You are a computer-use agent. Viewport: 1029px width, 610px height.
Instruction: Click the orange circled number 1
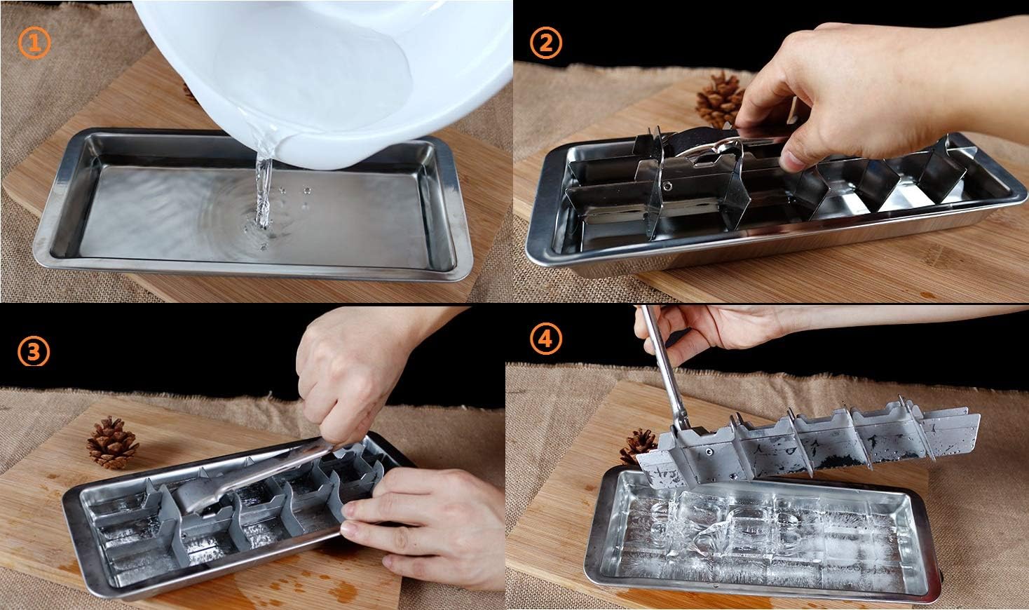tap(34, 43)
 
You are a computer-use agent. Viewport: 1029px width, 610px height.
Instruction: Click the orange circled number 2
tap(546, 43)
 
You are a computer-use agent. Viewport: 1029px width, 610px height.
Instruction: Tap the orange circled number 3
tap(34, 351)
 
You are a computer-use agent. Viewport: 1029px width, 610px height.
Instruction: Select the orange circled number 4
tap(546, 339)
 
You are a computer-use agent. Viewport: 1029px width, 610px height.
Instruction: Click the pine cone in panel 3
tap(113, 442)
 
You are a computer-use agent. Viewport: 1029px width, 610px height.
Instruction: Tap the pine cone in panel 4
tap(638, 445)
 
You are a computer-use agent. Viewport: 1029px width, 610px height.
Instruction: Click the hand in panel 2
tap(850, 92)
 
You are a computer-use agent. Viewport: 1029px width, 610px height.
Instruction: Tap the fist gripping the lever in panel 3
tap(354, 372)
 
